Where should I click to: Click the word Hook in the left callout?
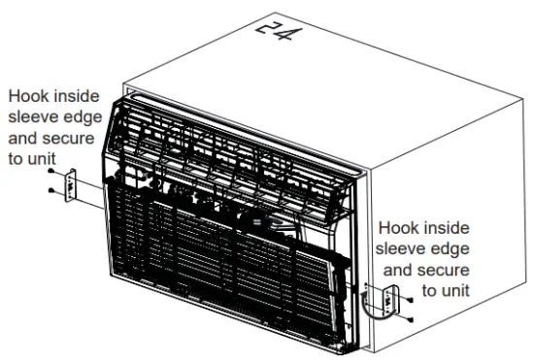pos(29,98)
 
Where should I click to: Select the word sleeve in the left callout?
pos(33,118)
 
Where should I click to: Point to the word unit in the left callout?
pos(42,159)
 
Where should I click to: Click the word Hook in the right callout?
pos(400,228)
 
